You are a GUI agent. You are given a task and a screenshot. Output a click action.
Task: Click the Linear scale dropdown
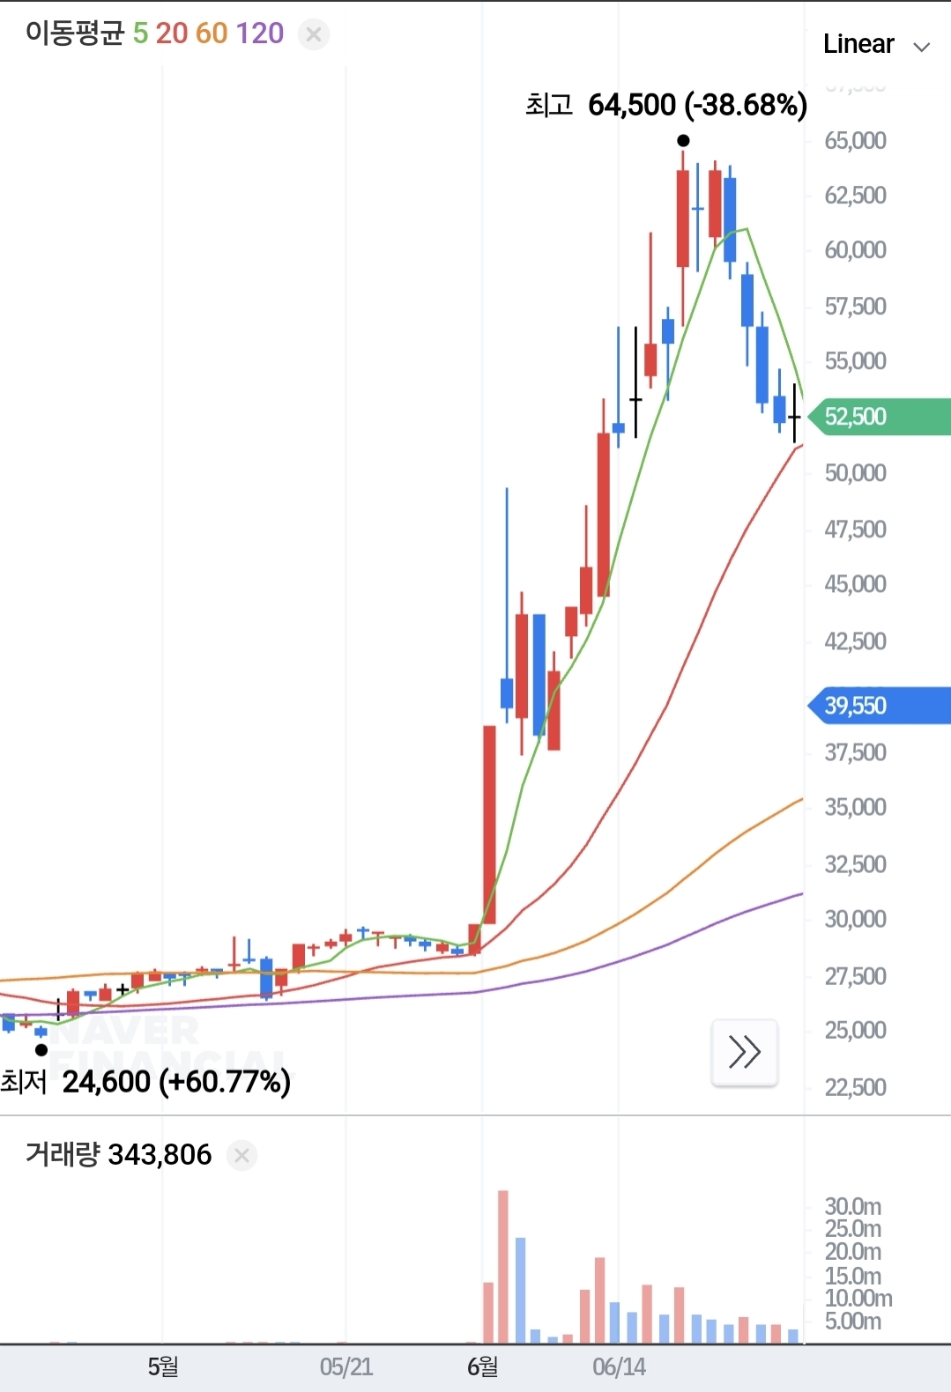(875, 44)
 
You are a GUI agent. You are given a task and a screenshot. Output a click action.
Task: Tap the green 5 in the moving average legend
(140, 33)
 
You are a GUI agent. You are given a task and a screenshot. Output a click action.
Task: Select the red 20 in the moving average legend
(172, 33)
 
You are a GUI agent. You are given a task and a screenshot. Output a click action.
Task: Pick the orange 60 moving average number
(212, 33)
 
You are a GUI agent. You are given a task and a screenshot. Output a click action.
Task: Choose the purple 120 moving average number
(260, 33)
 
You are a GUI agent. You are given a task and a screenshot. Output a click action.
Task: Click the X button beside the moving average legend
(313, 34)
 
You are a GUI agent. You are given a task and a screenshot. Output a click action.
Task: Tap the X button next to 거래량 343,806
(241, 1155)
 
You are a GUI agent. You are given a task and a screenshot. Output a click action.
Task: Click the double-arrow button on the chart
(744, 1052)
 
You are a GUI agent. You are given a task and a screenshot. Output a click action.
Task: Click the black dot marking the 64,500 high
(683, 141)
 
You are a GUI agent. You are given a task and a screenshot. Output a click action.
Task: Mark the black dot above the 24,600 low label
(41, 1050)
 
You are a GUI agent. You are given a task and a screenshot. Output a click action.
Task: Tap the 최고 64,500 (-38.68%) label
(666, 106)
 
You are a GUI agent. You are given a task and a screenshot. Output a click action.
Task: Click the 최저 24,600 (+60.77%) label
(146, 1082)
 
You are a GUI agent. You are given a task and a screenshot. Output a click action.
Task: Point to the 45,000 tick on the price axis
(855, 584)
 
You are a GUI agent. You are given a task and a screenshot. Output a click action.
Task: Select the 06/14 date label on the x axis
(619, 1367)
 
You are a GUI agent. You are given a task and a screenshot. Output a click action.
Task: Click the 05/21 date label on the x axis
(345, 1367)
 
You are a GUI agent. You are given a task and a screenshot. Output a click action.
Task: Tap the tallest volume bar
(503, 1266)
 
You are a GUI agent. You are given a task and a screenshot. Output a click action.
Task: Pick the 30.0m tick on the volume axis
(852, 1207)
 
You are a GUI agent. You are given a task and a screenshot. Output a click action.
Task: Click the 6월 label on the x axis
(482, 1367)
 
